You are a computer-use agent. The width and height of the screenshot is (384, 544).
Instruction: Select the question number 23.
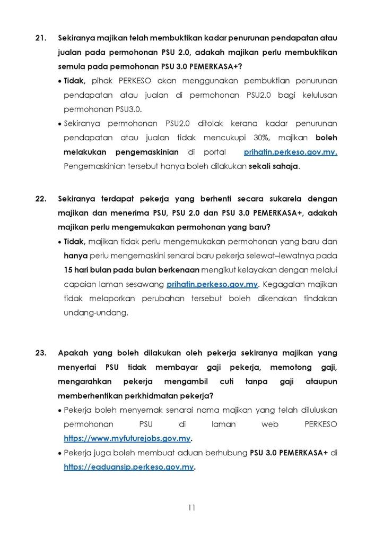pyautogui.click(x=41, y=352)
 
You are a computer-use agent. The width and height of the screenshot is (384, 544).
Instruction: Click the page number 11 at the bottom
pyautogui.click(x=191, y=507)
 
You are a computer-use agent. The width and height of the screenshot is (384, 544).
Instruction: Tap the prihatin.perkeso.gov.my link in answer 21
pyautogui.click(x=291, y=152)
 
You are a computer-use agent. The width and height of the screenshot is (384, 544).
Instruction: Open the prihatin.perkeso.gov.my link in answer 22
pyautogui.click(x=212, y=284)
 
